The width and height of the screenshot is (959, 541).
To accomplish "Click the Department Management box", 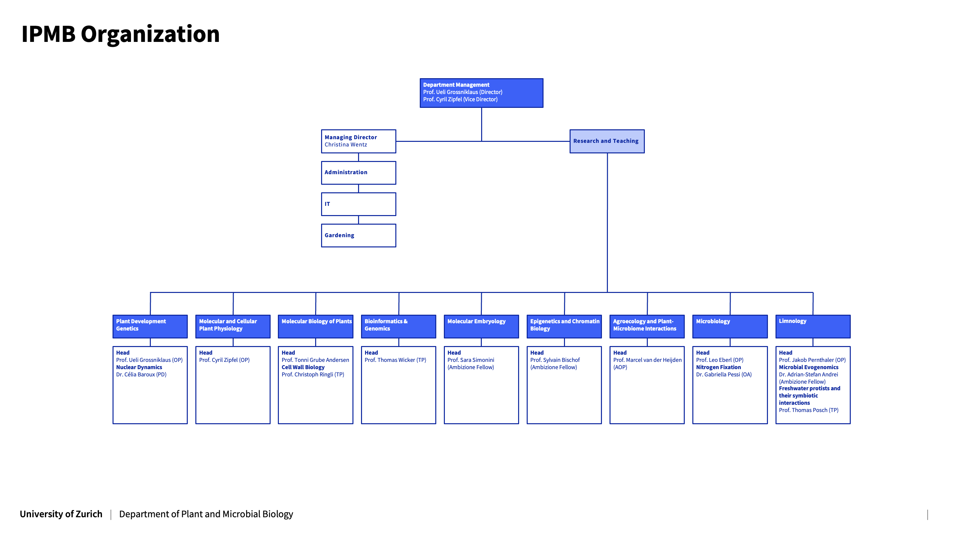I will pos(481,93).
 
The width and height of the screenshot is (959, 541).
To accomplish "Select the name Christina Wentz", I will pos(346,145).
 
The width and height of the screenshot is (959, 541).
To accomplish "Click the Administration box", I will pos(358,173).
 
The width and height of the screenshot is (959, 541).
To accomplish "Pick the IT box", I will pos(358,204).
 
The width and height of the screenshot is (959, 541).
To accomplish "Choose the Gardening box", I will pos(358,235).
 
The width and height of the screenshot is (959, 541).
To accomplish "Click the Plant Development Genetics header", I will pos(150,326).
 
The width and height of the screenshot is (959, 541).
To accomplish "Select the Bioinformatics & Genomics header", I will pos(398,326).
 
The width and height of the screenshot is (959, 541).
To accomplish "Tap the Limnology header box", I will pos(812,326).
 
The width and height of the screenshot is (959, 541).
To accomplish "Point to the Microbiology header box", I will pos(729,326).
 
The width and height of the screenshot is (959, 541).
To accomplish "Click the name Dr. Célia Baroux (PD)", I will pos(141,374).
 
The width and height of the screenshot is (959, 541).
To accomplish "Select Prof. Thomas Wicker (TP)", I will pos(395,360).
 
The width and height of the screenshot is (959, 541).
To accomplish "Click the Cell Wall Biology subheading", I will pos(303,367).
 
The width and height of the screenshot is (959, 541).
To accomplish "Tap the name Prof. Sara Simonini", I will pos(471,360).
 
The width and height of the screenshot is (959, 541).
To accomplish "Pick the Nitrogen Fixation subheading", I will pos(718,367).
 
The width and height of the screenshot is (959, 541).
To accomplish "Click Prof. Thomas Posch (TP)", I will pos(808,410).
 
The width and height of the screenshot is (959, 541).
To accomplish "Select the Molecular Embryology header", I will pos(476,322).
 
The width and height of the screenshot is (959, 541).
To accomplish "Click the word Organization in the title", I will pos(150,34).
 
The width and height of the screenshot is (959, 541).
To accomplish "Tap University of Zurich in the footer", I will pos(61,514).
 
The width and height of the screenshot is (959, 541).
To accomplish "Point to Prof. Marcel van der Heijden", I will pos(647,360).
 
